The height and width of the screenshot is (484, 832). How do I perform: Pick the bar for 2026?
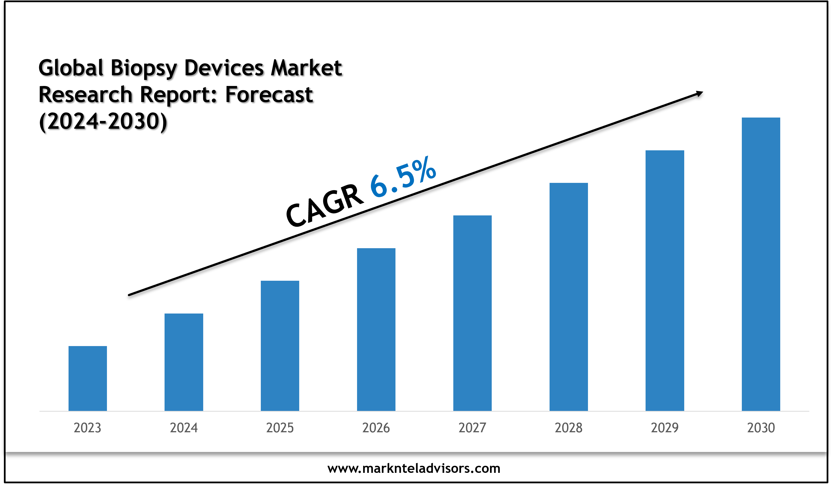(x=376, y=329)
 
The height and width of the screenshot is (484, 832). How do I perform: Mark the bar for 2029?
(x=665, y=280)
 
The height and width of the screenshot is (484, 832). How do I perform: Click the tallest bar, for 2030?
(x=761, y=264)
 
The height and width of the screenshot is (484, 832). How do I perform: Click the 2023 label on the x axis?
(x=88, y=428)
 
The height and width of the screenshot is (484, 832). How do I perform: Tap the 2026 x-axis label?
(x=376, y=428)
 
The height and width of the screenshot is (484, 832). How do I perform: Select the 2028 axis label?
(x=569, y=428)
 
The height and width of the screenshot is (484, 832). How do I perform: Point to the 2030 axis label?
(x=761, y=428)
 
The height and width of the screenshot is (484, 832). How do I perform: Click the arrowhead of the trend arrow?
(x=699, y=94)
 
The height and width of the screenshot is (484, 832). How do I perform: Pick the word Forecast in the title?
(x=269, y=95)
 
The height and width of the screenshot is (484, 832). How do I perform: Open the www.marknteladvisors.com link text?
(x=414, y=468)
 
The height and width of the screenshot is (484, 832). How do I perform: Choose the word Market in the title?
(x=306, y=68)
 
